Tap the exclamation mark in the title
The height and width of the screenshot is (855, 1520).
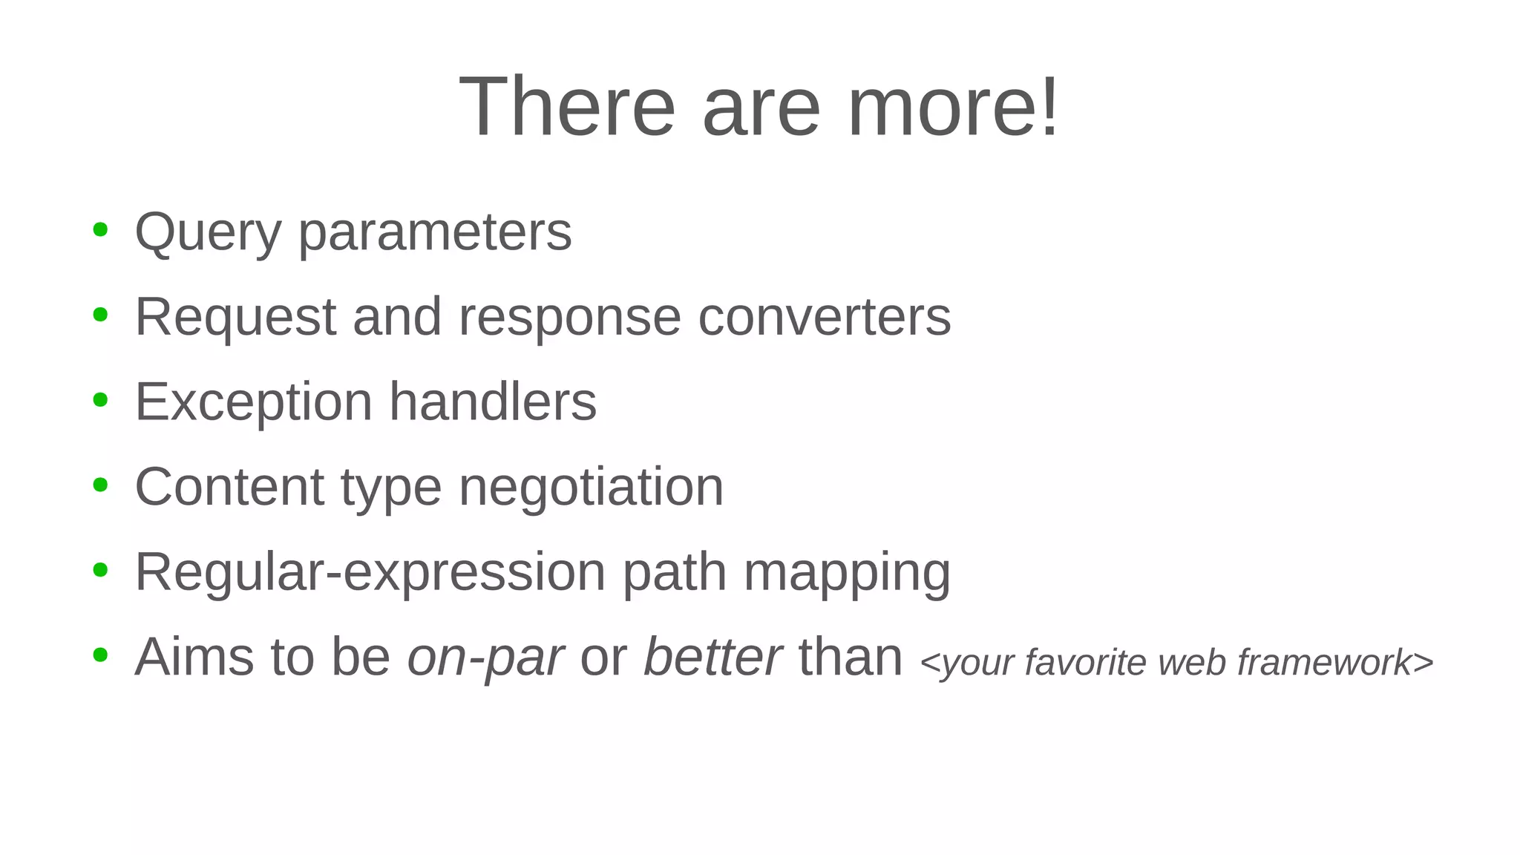click(1049, 107)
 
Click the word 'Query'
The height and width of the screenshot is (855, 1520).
click(208, 233)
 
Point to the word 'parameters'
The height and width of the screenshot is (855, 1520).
click(435, 233)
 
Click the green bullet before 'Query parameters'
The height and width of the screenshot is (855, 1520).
click(100, 230)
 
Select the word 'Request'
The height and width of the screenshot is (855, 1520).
click(235, 318)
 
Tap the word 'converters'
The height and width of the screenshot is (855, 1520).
click(824, 318)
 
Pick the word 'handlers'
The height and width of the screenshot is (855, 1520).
click(493, 402)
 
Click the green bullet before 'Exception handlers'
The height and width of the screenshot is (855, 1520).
click(100, 400)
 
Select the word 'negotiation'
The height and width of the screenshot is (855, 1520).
click(591, 488)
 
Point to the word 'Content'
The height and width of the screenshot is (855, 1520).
click(229, 488)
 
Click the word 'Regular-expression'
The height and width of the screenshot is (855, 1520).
click(370, 573)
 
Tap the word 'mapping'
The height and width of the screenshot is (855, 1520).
click(847, 573)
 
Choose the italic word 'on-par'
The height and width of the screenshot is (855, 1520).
click(485, 658)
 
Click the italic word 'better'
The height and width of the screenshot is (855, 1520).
click(712, 657)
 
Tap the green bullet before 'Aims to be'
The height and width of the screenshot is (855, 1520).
click(100, 655)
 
